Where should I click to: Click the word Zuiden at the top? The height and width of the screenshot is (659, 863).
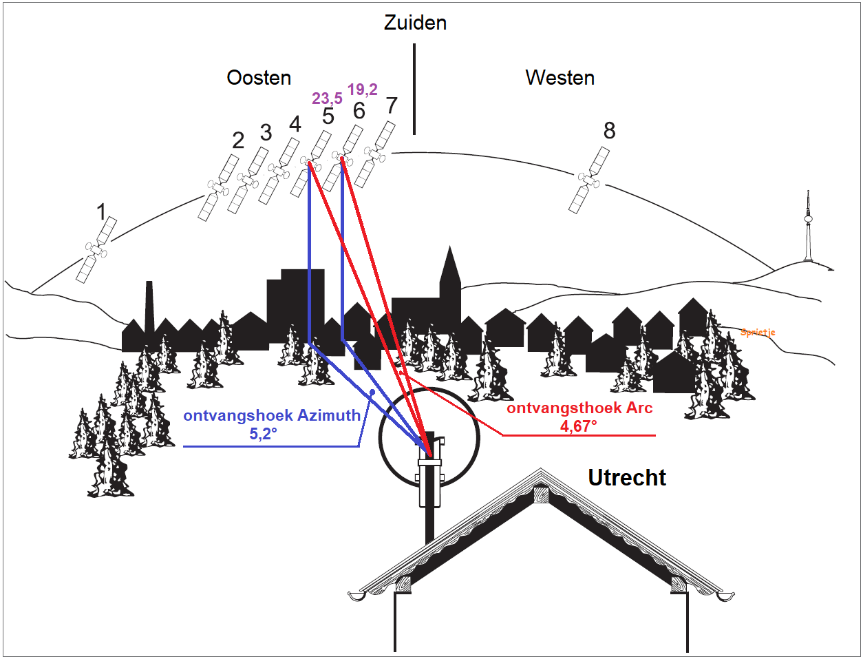pyautogui.click(x=415, y=23)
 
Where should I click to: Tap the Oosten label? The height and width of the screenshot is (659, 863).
pyautogui.click(x=259, y=78)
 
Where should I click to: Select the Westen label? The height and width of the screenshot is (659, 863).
pyautogui.click(x=560, y=78)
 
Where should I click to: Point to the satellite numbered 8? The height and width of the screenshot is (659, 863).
pyautogui.click(x=589, y=181)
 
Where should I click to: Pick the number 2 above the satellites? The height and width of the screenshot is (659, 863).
pyautogui.click(x=238, y=140)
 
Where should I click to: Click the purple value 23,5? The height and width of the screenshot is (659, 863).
pyautogui.click(x=327, y=98)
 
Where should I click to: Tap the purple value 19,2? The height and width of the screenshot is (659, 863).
pyautogui.click(x=362, y=90)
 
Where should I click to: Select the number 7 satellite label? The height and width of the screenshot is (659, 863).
pyautogui.click(x=392, y=105)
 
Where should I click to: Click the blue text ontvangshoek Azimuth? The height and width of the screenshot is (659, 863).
pyautogui.click(x=272, y=415)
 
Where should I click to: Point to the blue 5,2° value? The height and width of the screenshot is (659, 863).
pyautogui.click(x=263, y=434)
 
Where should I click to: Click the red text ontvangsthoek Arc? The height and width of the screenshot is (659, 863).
pyautogui.click(x=579, y=408)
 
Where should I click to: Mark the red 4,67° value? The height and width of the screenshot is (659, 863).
pyautogui.click(x=578, y=426)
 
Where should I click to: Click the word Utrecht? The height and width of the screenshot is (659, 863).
pyautogui.click(x=627, y=478)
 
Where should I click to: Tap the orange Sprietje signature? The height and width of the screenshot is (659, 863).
pyautogui.click(x=758, y=333)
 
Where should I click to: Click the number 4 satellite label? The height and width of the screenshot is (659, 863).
pyautogui.click(x=295, y=125)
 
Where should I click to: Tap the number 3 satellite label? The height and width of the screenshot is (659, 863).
pyautogui.click(x=266, y=132)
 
